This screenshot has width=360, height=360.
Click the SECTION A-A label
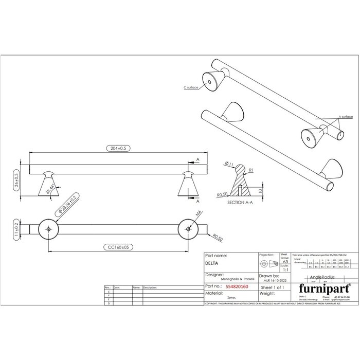tap(239, 203)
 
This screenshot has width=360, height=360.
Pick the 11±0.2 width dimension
tap(16, 228)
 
